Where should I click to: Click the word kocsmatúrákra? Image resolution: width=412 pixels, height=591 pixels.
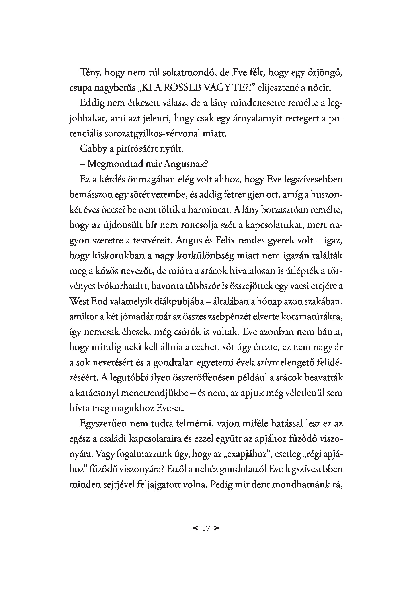coord(312,317)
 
